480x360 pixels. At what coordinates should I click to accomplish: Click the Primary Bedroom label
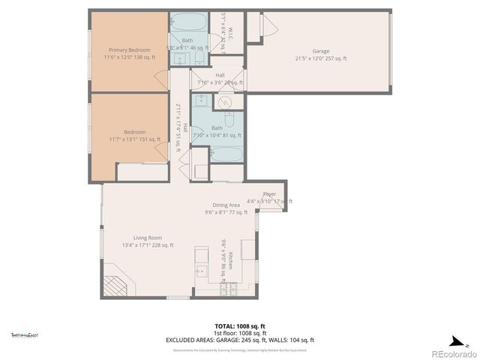click(x=127, y=50)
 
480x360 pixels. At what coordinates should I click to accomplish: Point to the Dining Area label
click(x=225, y=205)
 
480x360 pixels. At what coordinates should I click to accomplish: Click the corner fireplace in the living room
click(x=117, y=287)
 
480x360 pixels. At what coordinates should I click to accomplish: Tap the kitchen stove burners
click(x=229, y=288)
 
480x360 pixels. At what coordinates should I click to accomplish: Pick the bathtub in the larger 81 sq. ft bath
click(x=226, y=155)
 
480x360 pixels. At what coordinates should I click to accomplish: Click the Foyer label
click(x=269, y=194)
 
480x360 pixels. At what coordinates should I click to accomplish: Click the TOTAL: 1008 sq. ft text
click(x=239, y=326)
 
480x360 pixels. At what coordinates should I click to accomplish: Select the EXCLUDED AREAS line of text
click(x=239, y=340)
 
